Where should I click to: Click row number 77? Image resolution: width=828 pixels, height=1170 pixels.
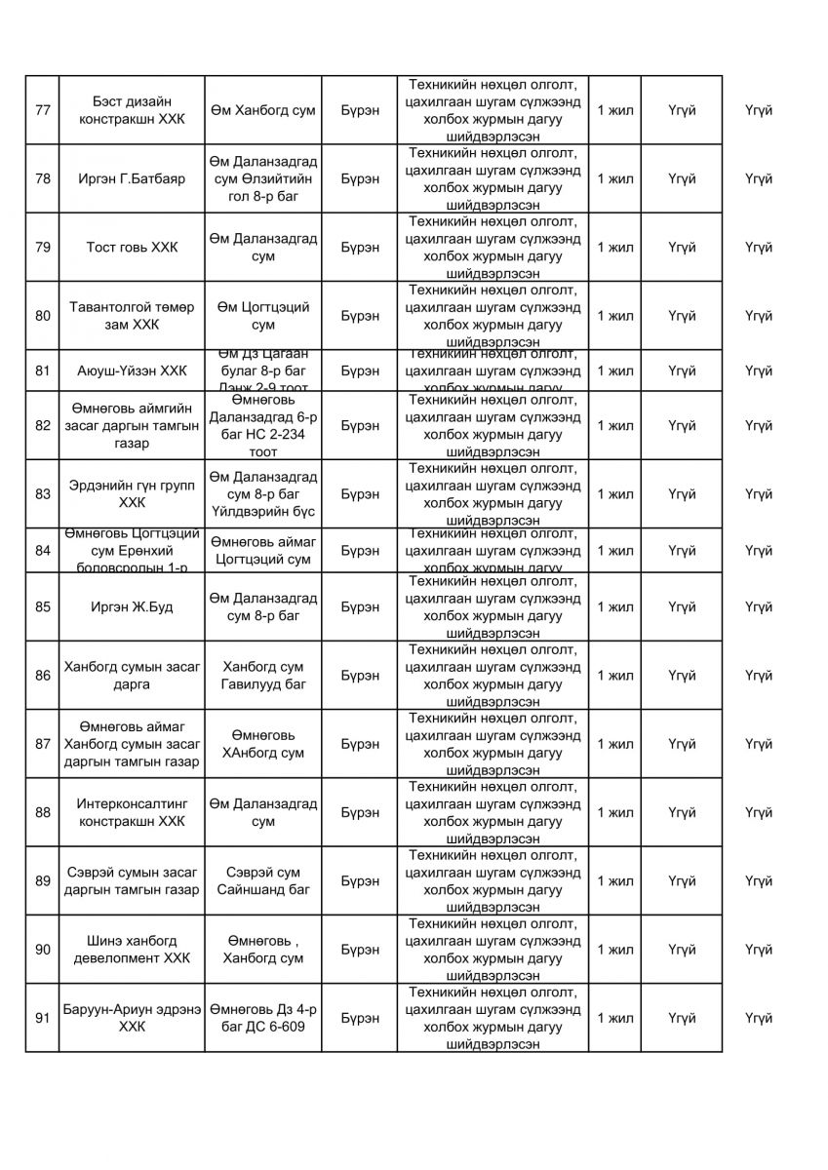[x=42, y=110]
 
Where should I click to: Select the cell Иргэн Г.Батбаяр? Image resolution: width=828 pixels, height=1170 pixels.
[x=131, y=179]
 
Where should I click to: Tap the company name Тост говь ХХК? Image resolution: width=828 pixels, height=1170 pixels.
[x=131, y=248]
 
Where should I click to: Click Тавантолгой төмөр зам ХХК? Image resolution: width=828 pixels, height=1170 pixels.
[x=131, y=316]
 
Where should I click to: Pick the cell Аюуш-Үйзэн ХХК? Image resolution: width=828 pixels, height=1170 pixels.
[x=131, y=370]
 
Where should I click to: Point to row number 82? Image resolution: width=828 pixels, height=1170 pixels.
[x=42, y=426]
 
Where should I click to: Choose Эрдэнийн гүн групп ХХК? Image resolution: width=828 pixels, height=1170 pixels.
[x=131, y=494]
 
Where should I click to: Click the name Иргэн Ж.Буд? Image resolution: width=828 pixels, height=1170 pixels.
[x=131, y=607]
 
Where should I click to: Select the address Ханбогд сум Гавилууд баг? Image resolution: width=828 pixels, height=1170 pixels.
[x=262, y=676]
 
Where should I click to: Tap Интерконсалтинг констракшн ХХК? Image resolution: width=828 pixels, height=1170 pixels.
[x=131, y=812]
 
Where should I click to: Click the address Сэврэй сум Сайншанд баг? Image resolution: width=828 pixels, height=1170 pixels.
[x=262, y=881]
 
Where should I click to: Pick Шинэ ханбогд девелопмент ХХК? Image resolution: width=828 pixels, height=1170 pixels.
[x=131, y=950]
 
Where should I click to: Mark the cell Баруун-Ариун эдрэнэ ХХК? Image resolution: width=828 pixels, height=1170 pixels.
[x=131, y=1018]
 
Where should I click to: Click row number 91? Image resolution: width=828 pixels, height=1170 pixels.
[x=42, y=1018]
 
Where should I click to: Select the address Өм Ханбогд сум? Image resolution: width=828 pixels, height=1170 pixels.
[x=262, y=110]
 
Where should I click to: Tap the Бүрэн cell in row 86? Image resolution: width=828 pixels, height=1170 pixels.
[x=360, y=676]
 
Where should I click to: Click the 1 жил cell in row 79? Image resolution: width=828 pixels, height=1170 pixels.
[x=614, y=248]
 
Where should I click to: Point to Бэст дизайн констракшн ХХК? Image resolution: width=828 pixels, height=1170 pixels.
[x=131, y=110]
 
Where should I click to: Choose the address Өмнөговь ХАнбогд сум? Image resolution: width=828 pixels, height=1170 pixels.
[x=262, y=744]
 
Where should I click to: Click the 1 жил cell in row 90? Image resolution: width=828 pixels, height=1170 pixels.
[x=614, y=950]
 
